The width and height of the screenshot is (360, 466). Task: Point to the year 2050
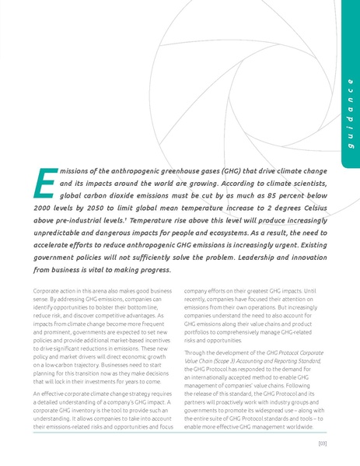click(115, 210)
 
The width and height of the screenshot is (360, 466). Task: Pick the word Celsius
click(310, 210)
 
